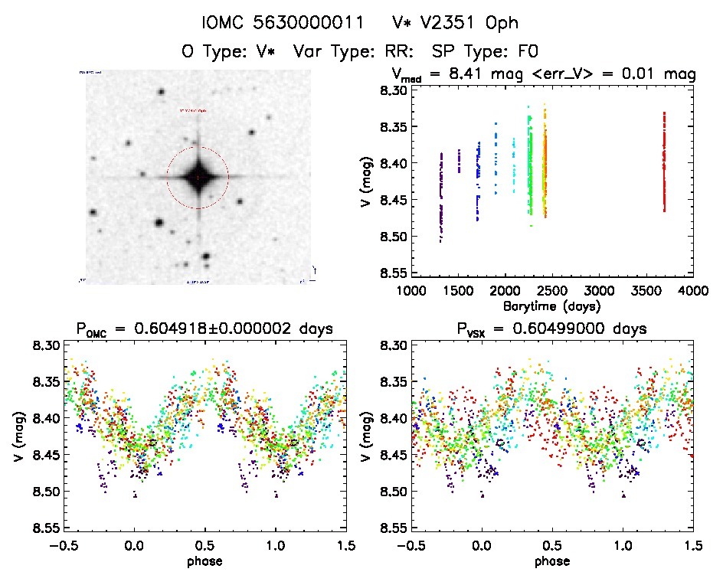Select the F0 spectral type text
coord(528,52)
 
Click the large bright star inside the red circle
coord(198,177)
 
